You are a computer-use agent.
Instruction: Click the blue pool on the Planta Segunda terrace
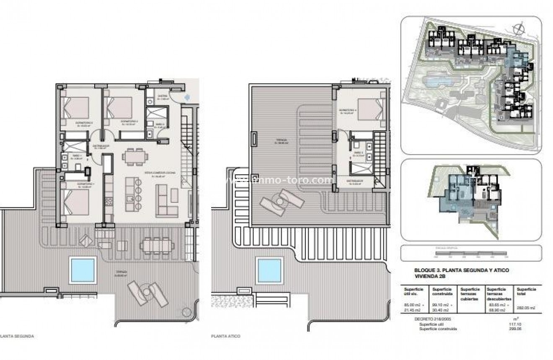pyautogui.click(x=83, y=270)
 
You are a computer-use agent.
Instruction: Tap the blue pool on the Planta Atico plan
pyautogui.click(x=269, y=270)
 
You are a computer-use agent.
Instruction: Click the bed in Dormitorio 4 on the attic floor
pyautogui.click(x=370, y=109)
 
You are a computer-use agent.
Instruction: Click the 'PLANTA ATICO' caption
pyautogui.click(x=226, y=336)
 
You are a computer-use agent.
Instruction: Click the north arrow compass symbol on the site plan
pyautogui.click(x=519, y=29)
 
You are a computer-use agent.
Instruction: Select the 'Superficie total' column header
pyautogui.click(x=526, y=292)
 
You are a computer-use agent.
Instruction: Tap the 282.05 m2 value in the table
pyautogui.click(x=526, y=308)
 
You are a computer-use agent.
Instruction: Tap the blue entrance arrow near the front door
pyautogui.click(x=188, y=97)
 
